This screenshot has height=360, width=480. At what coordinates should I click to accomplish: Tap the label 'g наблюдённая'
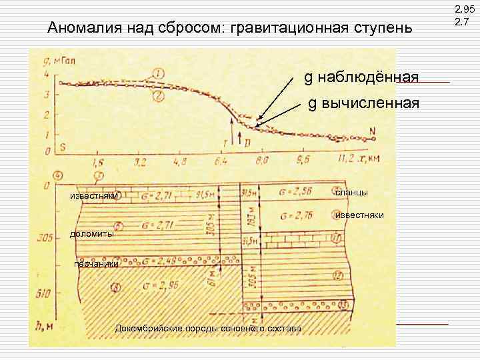361,78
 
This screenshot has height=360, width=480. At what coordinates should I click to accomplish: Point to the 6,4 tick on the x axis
222,161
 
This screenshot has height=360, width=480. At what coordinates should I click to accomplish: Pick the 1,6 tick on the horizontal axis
99,162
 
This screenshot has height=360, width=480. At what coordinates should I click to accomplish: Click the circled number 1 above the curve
158,73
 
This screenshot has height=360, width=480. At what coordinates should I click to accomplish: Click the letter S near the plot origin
61,147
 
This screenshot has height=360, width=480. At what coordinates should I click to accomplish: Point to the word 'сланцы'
351,192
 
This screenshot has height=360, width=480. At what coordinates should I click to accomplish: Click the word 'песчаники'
97,264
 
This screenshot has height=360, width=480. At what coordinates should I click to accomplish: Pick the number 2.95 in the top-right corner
462,10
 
